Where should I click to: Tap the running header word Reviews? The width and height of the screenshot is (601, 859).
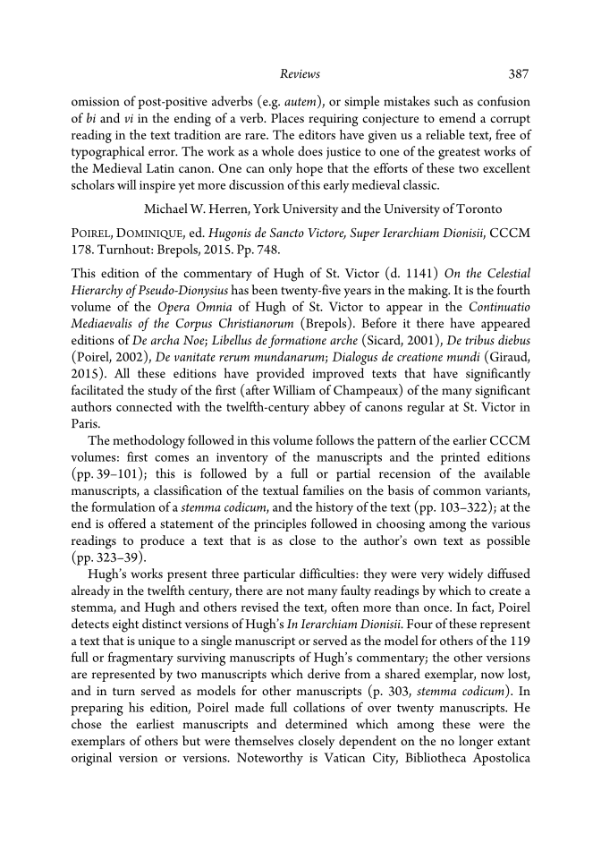[x=300, y=73]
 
